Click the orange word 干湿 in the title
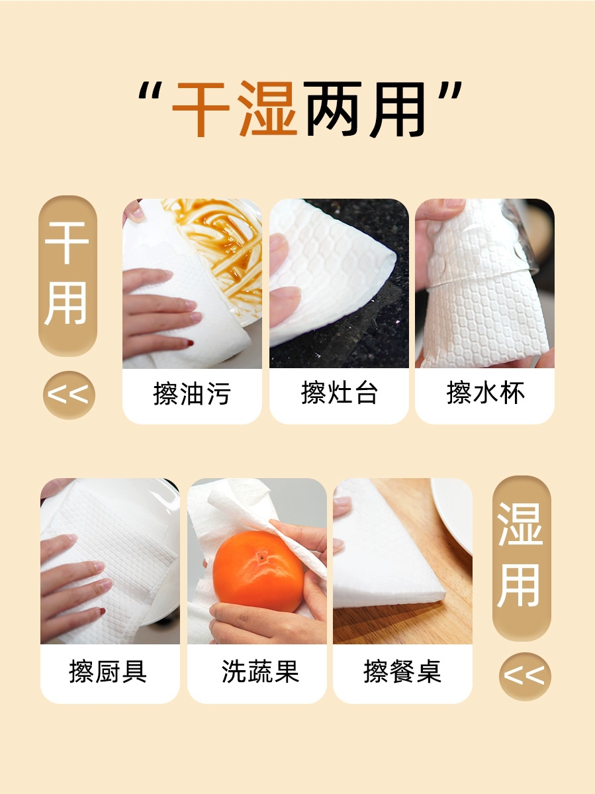[x=234, y=109]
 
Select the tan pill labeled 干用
[x=68, y=276]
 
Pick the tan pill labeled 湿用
[x=521, y=558]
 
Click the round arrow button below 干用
[x=69, y=395]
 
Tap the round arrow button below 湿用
[x=525, y=676]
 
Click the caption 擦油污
[x=192, y=393]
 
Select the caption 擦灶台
[x=340, y=393]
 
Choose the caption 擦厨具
[x=108, y=671]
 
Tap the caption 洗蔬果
[x=260, y=671]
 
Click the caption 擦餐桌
[x=402, y=671]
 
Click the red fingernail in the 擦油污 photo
[x=190, y=343]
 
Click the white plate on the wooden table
[x=453, y=511]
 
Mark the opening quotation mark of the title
[x=150, y=93]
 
